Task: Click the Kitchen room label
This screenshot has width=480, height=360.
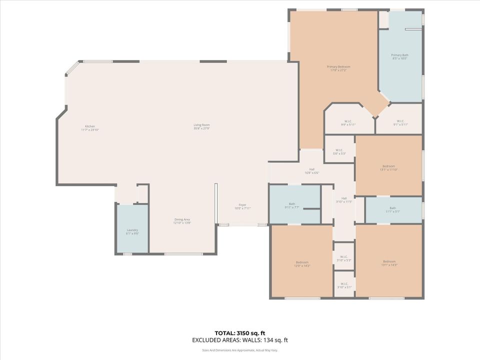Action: click(90, 127)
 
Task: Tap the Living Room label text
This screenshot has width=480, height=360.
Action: click(201, 126)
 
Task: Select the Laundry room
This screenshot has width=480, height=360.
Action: click(132, 231)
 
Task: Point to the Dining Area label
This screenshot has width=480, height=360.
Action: click(181, 221)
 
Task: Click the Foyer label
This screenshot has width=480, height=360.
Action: click(242, 205)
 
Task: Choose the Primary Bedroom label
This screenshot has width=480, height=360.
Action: click(338, 68)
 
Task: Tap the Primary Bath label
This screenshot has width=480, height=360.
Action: click(399, 56)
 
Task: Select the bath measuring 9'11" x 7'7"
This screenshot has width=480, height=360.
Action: click(292, 205)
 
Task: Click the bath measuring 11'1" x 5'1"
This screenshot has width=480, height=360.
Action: click(392, 209)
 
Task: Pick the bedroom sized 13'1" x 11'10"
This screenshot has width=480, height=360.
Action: click(388, 167)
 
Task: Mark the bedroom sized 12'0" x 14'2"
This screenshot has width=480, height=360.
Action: click(302, 263)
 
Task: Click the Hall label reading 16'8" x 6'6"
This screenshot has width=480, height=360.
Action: click(311, 171)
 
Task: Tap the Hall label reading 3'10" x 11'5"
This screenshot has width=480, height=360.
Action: click(343, 200)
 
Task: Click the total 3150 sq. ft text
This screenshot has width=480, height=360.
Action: click(240, 332)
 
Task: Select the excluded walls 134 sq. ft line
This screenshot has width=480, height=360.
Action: click(240, 340)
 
